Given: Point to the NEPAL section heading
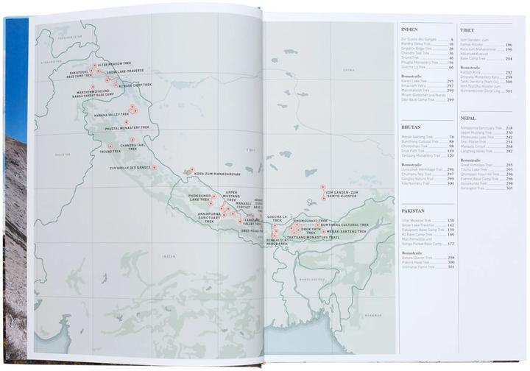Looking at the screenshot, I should click(468, 118).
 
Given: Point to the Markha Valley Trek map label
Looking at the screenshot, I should click(109, 116).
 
